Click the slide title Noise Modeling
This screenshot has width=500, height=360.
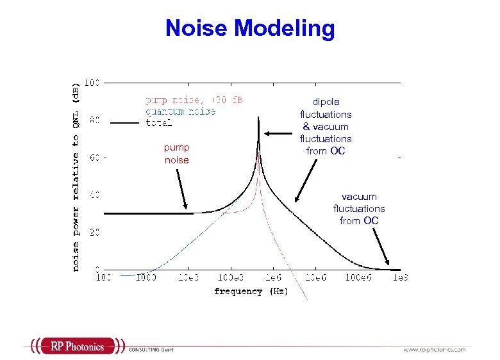click(x=250, y=28)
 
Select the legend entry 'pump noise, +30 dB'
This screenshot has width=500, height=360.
click(x=194, y=101)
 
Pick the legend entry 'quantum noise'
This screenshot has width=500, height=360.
click(x=180, y=111)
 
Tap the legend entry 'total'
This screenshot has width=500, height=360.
click(x=158, y=122)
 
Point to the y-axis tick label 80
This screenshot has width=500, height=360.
click(x=94, y=120)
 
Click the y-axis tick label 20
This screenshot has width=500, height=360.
click(x=94, y=233)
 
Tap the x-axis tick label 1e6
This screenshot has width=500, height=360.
click(x=272, y=278)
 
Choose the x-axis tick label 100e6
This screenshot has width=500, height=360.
click(x=356, y=278)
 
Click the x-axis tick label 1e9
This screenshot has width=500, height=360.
click(x=401, y=278)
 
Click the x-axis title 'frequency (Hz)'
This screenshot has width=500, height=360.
click(x=251, y=291)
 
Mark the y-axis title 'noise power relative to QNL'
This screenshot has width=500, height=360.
click(x=76, y=176)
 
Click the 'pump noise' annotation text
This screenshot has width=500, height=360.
click(x=177, y=154)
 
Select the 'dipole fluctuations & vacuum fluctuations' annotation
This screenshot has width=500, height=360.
click(x=326, y=126)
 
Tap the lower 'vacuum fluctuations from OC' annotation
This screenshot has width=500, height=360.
click(x=359, y=209)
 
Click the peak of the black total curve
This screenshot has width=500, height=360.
click(x=258, y=119)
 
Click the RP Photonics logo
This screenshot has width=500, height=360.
click(x=77, y=347)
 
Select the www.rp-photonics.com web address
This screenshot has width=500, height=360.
click(x=434, y=350)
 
